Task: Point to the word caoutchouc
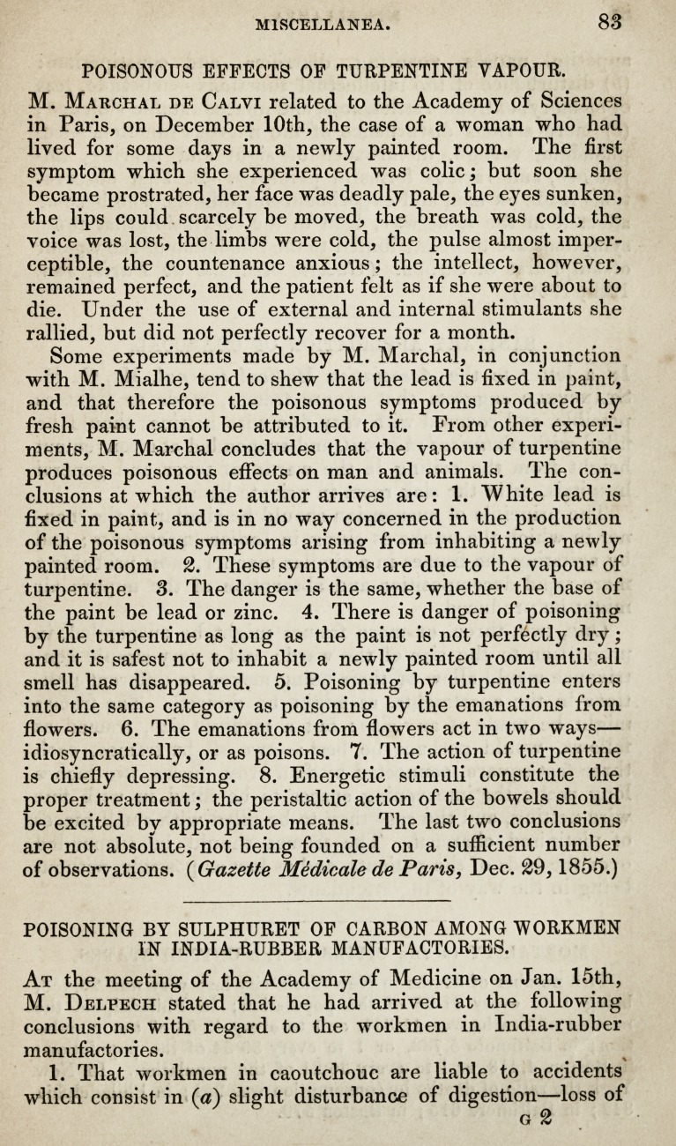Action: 334,1072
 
